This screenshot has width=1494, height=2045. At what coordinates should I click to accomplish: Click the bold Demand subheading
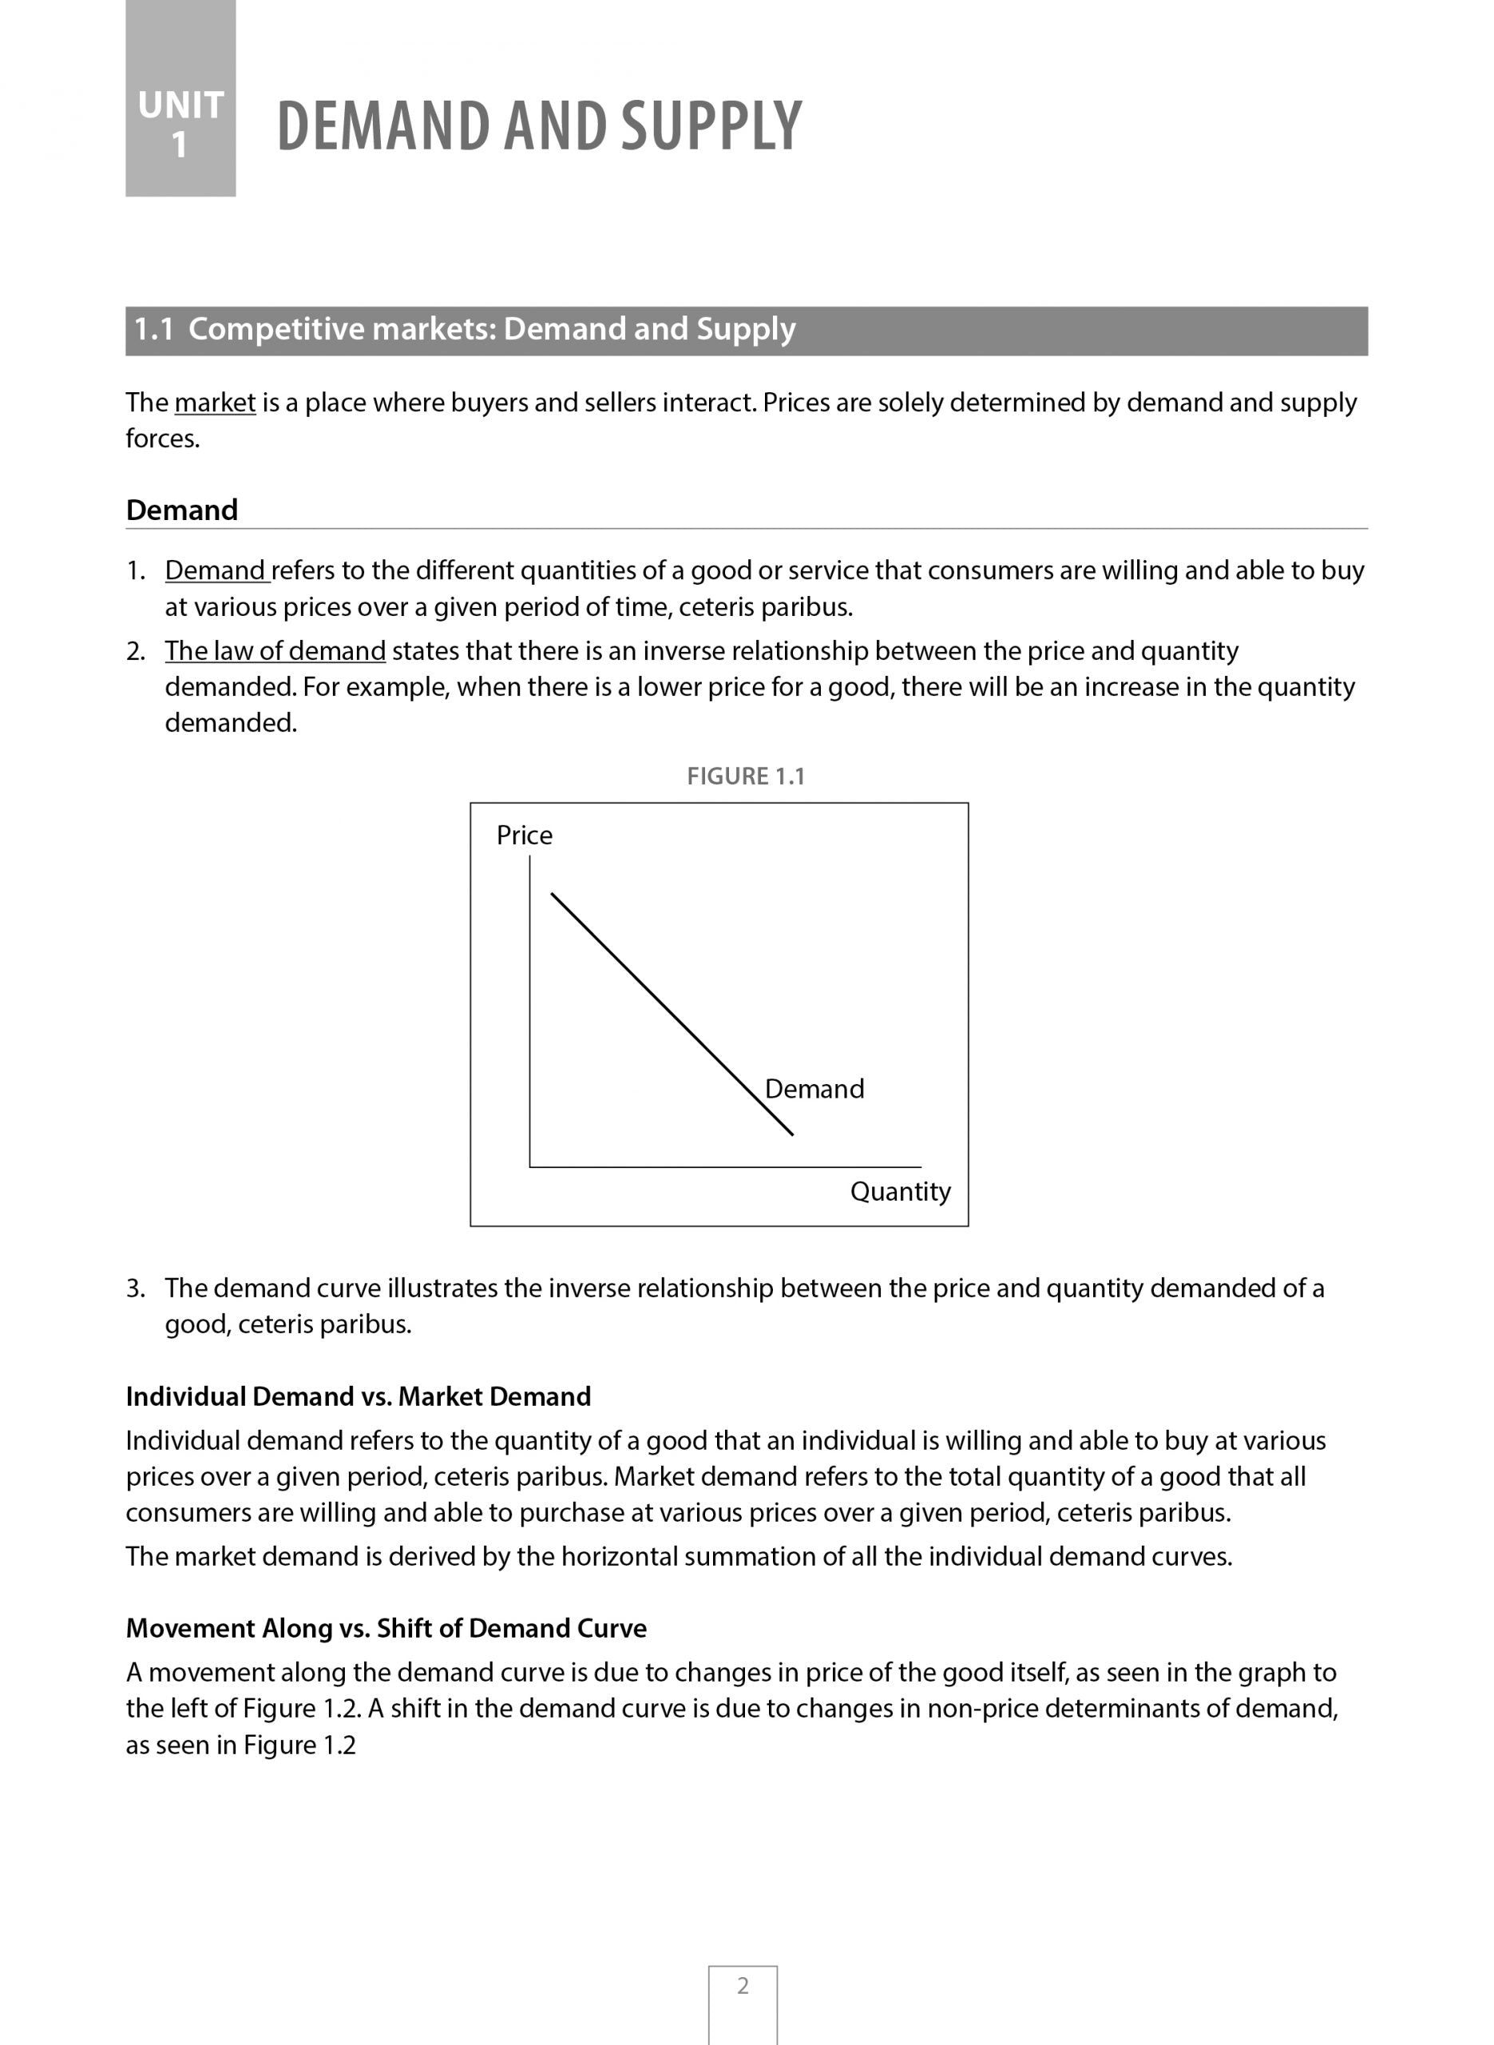click(182, 510)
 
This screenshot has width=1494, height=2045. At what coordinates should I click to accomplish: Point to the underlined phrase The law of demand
click(275, 651)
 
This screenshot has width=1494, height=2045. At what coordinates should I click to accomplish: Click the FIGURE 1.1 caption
click(745, 776)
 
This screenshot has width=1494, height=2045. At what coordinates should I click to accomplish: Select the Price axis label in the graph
click(524, 835)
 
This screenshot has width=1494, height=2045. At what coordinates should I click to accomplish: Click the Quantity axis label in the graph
click(900, 1191)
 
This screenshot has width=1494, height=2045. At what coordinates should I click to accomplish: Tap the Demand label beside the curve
click(814, 1088)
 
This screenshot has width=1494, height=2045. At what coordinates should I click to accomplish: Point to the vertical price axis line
click(530, 1013)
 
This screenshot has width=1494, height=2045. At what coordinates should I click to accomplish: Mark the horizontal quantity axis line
click(723, 1167)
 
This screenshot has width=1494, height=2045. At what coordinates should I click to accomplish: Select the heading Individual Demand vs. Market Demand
click(358, 1396)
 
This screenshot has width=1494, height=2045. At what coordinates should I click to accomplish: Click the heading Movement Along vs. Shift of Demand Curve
click(386, 1628)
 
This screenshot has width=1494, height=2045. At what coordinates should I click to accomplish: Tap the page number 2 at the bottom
click(743, 1986)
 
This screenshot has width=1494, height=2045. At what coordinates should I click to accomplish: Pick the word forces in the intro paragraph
click(162, 439)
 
